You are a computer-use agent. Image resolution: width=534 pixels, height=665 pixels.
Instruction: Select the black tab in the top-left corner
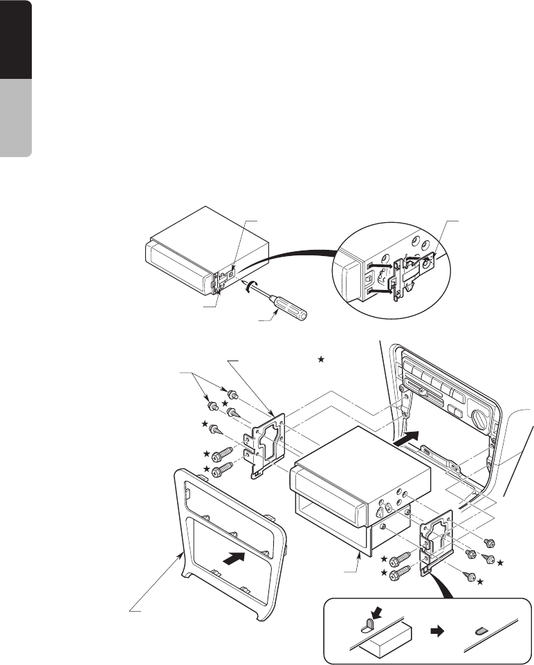15,39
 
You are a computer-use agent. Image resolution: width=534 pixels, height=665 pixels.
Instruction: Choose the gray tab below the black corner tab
15,118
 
